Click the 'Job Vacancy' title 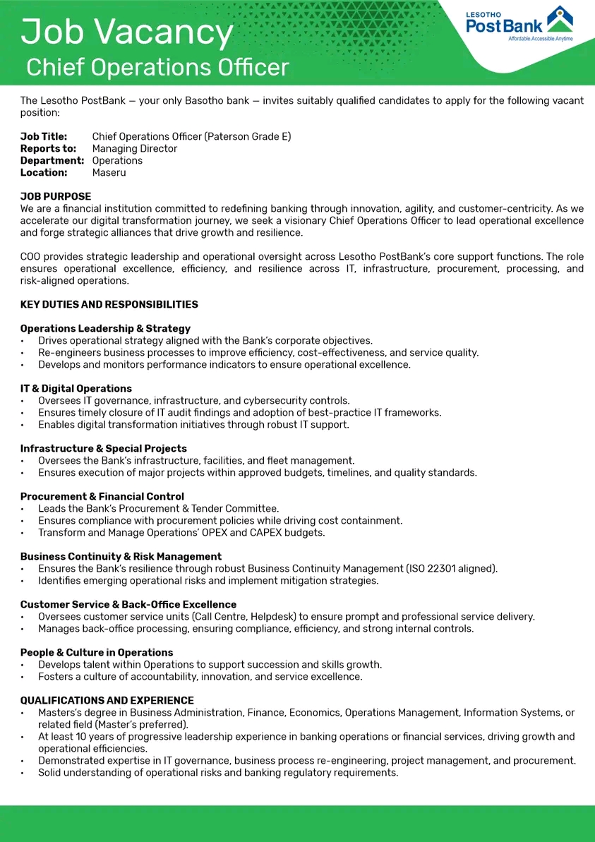point(127,32)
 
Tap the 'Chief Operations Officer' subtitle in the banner point(157,68)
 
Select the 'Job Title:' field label point(44,136)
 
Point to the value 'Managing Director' point(134,148)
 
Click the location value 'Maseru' point(109,172)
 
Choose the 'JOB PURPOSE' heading point(56,196)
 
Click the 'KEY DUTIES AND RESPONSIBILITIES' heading point(109,304)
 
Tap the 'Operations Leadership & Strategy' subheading point(105,328)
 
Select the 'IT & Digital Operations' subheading point(76,388)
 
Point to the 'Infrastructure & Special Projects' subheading point(103,448)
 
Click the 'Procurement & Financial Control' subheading point(102,496)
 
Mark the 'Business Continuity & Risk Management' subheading point(121,556)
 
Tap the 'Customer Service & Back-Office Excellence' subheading point(128,604)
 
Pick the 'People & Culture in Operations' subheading point(97,652)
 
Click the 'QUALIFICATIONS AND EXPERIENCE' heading point(107,700)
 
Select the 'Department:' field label point(52,160)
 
